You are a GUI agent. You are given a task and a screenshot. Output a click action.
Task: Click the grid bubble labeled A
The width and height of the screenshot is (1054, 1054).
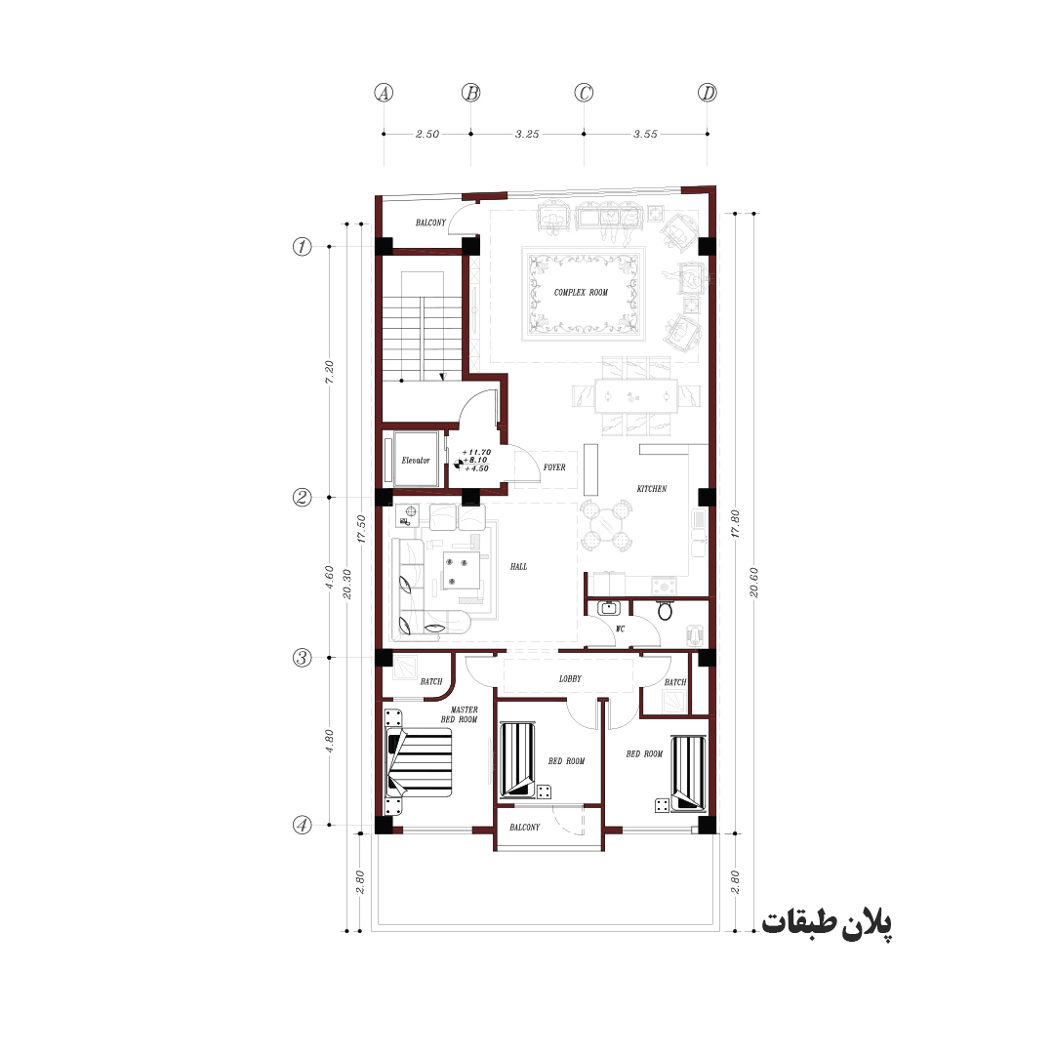coord(384,93)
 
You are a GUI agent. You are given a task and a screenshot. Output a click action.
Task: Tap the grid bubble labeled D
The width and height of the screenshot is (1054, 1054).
coord(708,93)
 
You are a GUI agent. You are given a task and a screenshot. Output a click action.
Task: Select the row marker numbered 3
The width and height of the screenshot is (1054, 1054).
coord(303,658)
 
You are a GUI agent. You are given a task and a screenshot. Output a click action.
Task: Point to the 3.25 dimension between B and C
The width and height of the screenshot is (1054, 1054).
coord(527,134)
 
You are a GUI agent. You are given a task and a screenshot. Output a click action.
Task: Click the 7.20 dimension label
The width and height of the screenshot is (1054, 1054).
coord(329,372)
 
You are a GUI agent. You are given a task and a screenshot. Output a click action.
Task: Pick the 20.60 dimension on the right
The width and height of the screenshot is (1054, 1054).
coord(753,582)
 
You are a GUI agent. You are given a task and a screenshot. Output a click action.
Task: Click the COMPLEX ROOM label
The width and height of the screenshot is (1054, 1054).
coord(581,293)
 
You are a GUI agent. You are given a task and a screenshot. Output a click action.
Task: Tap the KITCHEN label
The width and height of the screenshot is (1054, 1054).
coord(652,489)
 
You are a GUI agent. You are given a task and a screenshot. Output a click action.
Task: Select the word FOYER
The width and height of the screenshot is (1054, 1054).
coord(554,467)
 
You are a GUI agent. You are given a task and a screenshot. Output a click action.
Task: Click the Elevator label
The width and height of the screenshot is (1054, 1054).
coord(416,461)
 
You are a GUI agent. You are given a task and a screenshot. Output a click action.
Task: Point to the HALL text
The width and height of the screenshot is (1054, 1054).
coord(518,567)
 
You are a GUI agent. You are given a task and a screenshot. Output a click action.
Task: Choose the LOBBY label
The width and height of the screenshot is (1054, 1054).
coord(570,679)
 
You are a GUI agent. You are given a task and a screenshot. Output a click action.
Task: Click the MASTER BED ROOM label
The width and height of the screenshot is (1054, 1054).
coord(460,714)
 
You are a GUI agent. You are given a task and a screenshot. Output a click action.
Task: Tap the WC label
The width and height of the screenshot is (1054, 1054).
coord(621,629)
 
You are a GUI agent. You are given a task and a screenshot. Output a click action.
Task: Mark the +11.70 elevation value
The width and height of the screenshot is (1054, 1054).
coord(476,453)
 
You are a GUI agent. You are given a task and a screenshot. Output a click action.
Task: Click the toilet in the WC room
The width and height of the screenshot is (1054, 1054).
coord(665,610)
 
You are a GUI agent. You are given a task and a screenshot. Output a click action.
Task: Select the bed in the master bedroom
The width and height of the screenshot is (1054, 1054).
coord(418,761)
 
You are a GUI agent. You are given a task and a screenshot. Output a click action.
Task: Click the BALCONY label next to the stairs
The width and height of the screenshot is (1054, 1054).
coord(430,223)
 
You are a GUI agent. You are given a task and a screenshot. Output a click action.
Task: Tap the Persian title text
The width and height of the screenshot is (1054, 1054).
coord(827,923)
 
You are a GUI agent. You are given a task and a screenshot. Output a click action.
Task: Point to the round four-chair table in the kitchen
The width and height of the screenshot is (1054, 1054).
coord(606,524)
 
